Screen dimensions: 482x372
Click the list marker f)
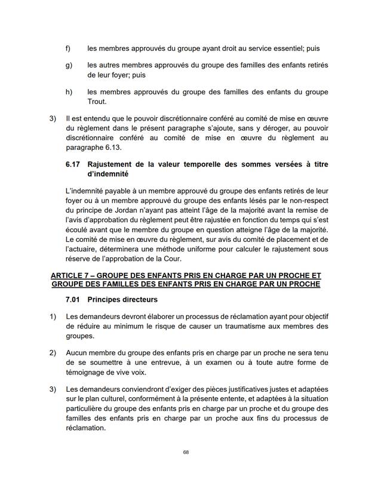(x=68, y=48)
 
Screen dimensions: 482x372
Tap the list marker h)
(x=69, y=91)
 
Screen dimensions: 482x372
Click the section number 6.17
(x=73, y=164)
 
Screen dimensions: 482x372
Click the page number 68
(x=186, y=453)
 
